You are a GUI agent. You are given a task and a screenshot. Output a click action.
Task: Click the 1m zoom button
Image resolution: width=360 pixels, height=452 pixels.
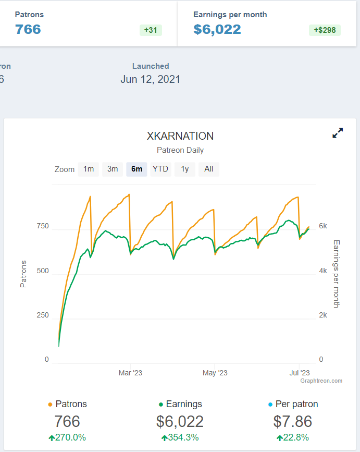tap(89, 169)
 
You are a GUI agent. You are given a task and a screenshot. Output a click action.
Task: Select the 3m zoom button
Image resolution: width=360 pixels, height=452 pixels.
tap(113, 169)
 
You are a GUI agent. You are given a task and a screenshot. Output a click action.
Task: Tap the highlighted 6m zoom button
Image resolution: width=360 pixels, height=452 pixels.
tap(136, 169)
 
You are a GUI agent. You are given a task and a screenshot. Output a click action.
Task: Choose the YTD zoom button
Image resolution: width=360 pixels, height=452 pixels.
tap(160, 169)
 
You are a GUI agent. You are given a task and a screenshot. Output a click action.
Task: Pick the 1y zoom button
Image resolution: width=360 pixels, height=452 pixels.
tap(184, 169)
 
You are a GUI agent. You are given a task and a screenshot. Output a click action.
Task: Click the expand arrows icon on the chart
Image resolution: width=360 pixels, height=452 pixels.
tap(338, 133)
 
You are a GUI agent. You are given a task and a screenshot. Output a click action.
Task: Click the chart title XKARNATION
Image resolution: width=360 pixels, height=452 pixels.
tap(180, 136)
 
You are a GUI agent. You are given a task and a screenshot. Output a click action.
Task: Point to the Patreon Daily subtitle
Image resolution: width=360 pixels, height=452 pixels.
tap(180, 150)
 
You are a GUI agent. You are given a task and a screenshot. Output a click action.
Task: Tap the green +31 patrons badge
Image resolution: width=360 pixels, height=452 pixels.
tap(151, 30)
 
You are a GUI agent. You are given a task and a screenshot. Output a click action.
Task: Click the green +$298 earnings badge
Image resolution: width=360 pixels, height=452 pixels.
tap(325, 30)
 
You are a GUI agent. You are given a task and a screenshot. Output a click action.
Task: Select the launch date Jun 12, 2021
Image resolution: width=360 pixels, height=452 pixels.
tap(151, 80)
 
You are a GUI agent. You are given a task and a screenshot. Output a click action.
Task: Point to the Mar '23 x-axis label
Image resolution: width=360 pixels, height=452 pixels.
tap(130, 373)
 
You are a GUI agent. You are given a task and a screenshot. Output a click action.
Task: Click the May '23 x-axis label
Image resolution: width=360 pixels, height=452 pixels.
tap(215, 373)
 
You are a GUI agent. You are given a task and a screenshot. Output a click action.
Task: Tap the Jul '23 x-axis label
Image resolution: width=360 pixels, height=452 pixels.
tap(299, 373)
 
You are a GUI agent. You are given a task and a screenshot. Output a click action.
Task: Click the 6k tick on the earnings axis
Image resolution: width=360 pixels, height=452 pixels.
tap(323, 226)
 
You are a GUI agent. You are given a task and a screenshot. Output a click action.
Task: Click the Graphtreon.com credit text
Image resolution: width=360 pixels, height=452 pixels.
tap(321, 381)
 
